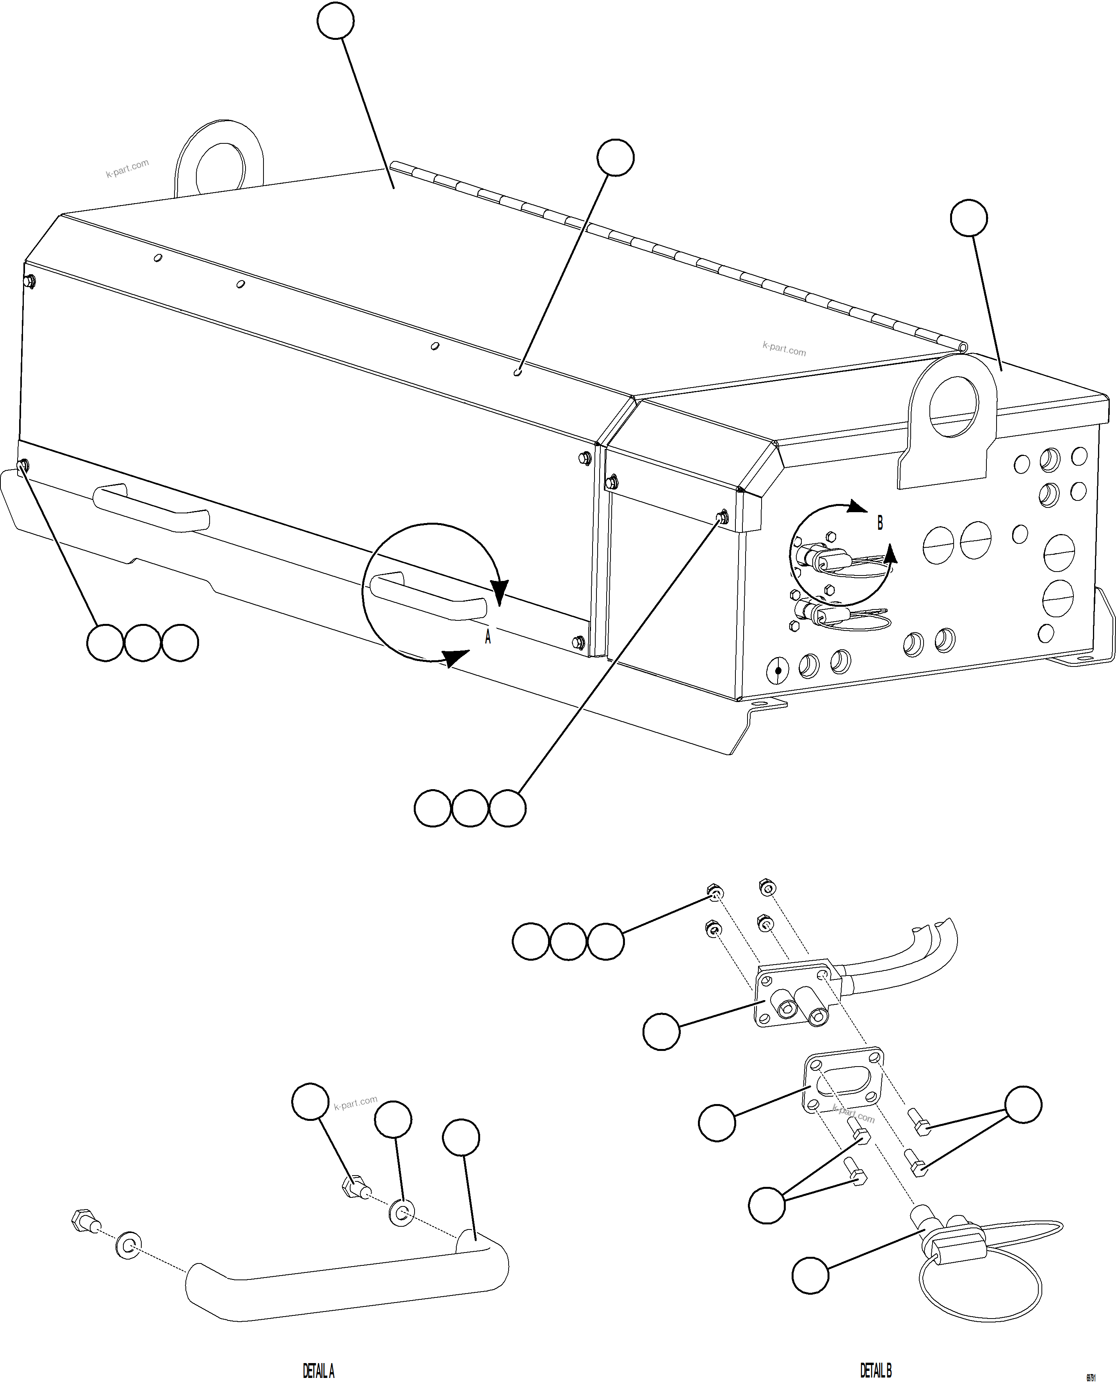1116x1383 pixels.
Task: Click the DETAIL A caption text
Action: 318,1371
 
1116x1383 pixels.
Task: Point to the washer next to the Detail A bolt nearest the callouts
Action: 402,1213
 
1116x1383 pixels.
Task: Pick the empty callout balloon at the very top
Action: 336,21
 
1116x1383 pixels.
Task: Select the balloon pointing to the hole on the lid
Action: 615,157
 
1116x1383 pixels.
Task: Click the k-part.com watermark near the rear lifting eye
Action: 127,168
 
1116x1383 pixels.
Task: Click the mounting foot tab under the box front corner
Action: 766,706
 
